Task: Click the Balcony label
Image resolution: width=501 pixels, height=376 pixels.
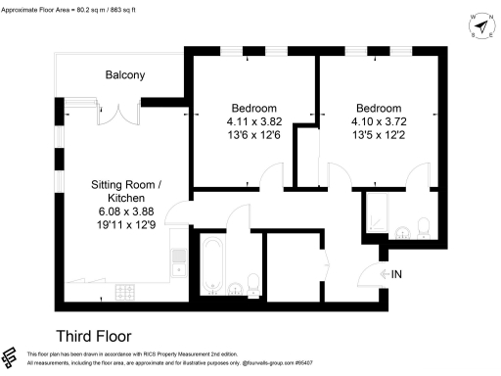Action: click(x=125, y=75)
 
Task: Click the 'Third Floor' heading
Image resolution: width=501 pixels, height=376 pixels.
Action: click(x=93, y=335)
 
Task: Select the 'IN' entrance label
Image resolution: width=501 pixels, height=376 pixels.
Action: click(x=396, y=275)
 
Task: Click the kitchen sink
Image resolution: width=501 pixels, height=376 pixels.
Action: click(x=178, y=258)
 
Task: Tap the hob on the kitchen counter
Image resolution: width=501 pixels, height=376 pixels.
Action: click(x=126, y=292)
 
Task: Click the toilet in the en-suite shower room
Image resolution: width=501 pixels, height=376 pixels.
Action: click(x=424, y=228)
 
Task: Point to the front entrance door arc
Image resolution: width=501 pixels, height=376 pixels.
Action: click(x=370, y=275)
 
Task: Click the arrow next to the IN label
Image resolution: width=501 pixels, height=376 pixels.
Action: click(x=383, y=275)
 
